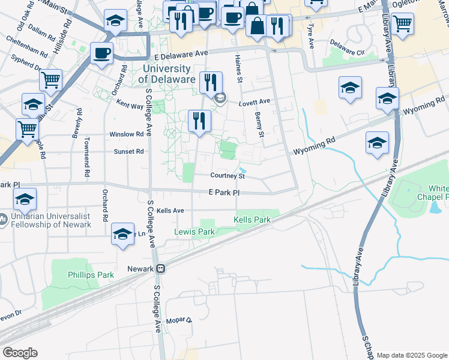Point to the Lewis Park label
coord(194,232)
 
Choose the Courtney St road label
coord(228,176)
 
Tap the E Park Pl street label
coord(224,193)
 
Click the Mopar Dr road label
coord(178,320)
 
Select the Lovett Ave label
coord(255,103)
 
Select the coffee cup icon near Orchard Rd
coord(102,53)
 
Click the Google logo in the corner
coord(20,353)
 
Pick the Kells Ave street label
coord(170,211)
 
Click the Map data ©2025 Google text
coord(411,355)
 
